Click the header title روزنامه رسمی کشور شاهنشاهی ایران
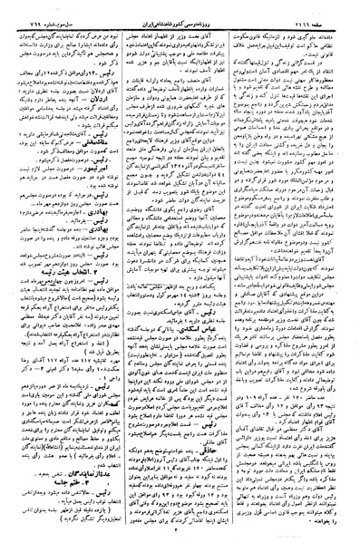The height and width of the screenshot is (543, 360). pyautogui.click(x=181, y=7)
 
